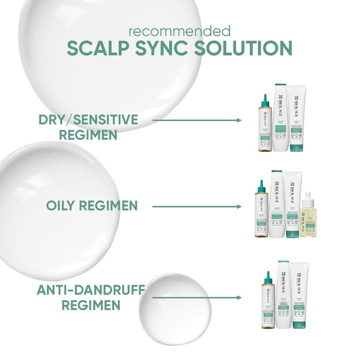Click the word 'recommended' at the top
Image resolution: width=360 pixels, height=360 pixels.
(x=180, y=31)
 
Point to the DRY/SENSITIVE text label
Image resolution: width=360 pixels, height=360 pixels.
(x=88, y=119)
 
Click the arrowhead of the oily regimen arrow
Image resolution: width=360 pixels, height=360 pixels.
(x=239, y=207)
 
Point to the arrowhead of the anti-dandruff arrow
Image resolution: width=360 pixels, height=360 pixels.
(x=239, y=298)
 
